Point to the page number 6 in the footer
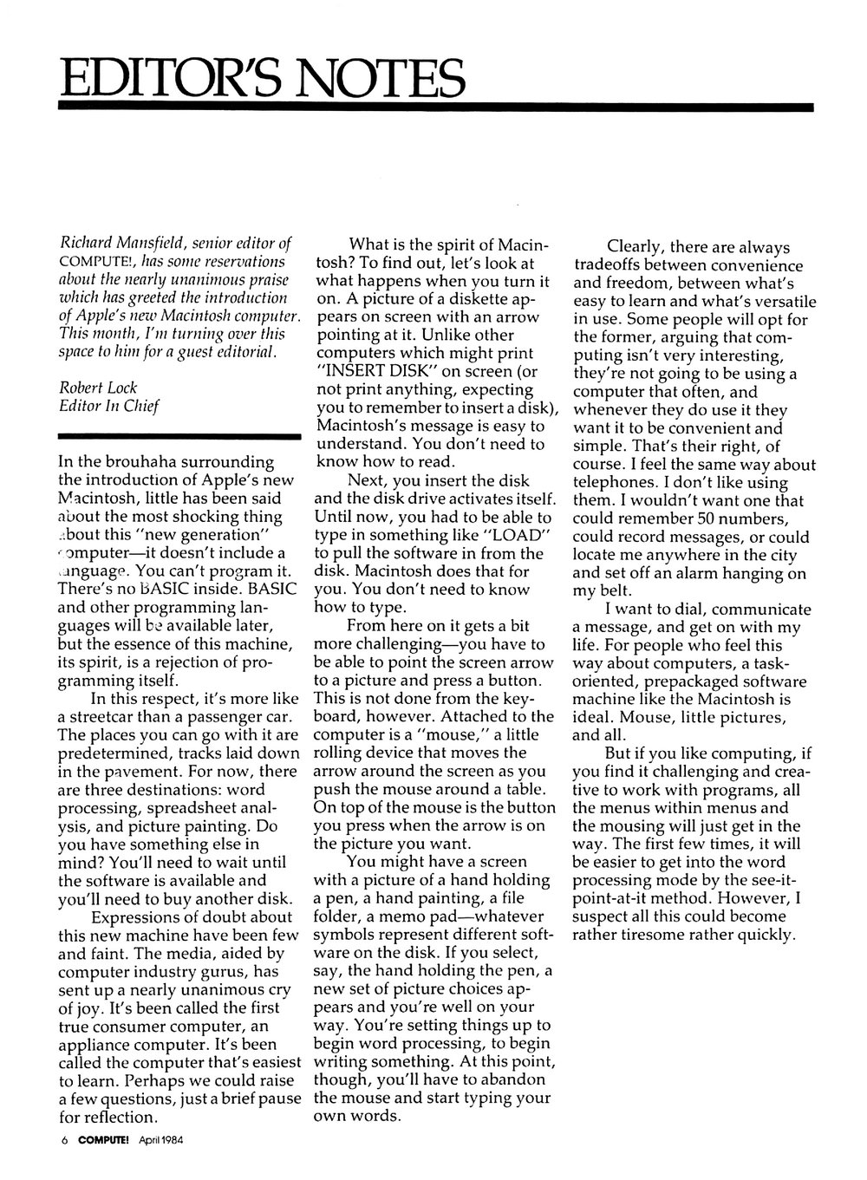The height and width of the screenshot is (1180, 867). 64,1141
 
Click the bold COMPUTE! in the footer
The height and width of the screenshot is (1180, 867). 102,1141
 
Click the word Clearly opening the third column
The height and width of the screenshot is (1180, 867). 639,248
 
